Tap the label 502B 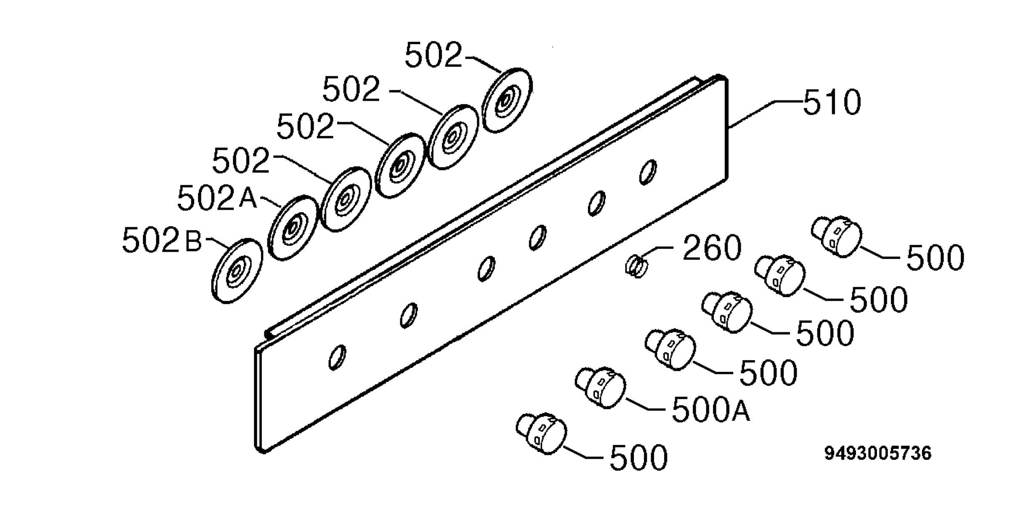pyautogui.click(x=162, y=240)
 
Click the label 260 pyautogui.click(x=711, y=248)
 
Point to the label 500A pyautogui.click(x=711, y=409)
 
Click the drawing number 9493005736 pyautogui.click(x=878, y=453)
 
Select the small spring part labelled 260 pyautogui.click(x=636, y=267)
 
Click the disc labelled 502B pyautogui.click(x=237, y=271)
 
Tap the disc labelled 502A pyautogui.click(x=293, y=227)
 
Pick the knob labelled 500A pyautogui.click(x=600, y=387)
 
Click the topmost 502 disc pyautogui.click(x=507, y=100)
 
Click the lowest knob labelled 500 pyautogui.click(x=541, y=433)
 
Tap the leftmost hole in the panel pyautogui.click(x=337, y=358)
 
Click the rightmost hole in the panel pyautogui.click(x=648, y=171)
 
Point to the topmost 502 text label pyautogui.click(x=433, y=55)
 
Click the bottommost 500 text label pyautogui.click(x=639, y=457)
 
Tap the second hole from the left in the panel pyautogui.click(x=409, y=315)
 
